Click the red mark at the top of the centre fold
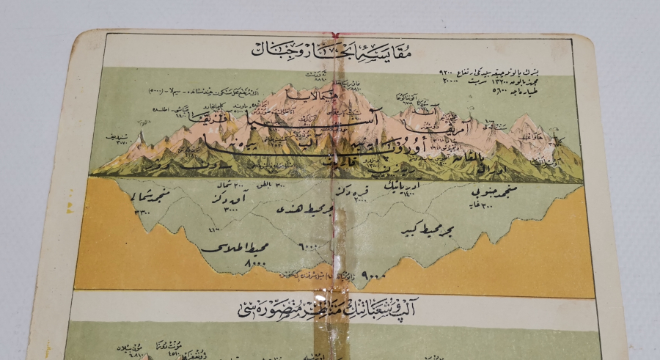pos(334,35)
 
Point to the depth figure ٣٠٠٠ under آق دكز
pos(233,210)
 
